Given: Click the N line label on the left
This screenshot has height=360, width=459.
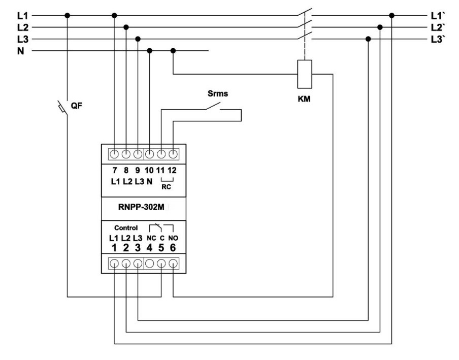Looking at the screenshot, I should click(x=20, y=51).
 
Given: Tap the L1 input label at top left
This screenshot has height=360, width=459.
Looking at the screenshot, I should click(x=22, y=15).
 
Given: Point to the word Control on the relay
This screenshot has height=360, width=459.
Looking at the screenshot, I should click(x=125, y=228).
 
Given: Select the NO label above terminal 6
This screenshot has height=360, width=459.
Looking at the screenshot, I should click(x=174, y=238).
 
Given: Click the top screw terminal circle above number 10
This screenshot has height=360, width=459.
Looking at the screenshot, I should click(x=150, y=153).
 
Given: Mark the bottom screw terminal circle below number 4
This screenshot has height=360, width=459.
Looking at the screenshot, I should click(x=150, y=264).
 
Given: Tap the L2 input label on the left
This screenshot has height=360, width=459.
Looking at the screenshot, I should click(x=22, y=26).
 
